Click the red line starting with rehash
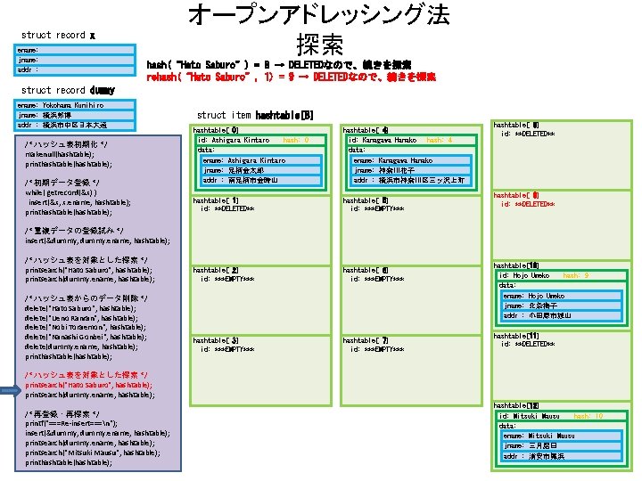click(291, 77)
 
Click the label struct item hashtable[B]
click(255, 115)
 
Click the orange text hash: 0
click(295, 140)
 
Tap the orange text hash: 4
click(440, 140)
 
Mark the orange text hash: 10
click(588, 416)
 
